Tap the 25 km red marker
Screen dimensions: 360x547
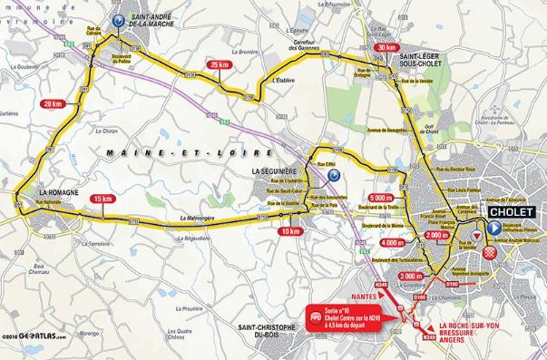click(218, 64)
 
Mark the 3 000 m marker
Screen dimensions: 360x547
click(410, 276)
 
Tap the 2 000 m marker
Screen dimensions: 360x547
click(435, 235)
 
